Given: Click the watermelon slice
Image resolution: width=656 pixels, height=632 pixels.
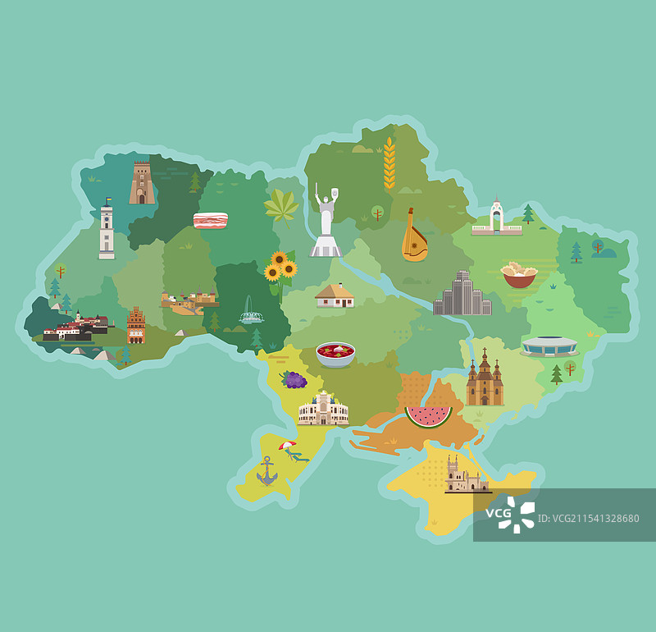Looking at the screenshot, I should click(x=428, y=416).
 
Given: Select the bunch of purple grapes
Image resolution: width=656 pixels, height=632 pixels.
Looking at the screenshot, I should click(x=294, y=379).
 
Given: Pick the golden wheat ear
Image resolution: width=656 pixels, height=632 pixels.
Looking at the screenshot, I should click(x=389, y=164).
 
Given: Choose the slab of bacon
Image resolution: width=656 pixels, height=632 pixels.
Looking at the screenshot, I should click(x=211, y=220).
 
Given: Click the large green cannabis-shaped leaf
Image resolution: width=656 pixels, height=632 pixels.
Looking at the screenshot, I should click(x=281, y=206).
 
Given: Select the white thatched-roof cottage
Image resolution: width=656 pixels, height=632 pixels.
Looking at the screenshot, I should click(x=335, y=295).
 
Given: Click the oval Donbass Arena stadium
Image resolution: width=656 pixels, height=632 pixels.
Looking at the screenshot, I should click(x=549, y=346).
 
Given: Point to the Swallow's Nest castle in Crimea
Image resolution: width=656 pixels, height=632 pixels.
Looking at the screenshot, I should click(x=465, y=476).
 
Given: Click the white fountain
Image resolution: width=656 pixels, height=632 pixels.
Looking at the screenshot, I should click(x=251, y=311).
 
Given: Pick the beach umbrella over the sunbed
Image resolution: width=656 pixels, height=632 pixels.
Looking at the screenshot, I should click(x=287, y=446).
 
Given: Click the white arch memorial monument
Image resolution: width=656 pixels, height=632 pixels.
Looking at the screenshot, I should click(x=496, y=218).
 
